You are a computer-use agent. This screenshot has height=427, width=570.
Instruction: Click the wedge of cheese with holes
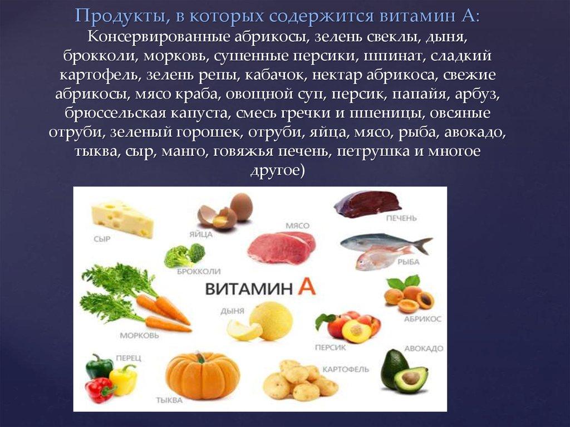[122, 218]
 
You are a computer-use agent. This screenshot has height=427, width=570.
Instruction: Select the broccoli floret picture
[185, 256]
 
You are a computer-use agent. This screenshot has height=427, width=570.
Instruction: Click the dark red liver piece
[367, 204]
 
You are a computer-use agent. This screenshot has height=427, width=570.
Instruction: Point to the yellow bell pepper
[123, 380]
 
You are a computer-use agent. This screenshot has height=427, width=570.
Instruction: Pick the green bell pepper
[99, 366]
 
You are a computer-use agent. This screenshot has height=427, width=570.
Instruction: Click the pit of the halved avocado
[411, 378]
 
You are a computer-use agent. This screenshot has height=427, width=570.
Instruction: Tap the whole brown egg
[242, 207]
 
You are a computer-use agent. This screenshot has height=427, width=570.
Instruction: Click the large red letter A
[307, 286]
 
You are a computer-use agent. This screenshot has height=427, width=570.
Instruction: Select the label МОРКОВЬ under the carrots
[140, 336]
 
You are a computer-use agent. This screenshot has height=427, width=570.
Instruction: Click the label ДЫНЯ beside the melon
[232, 311]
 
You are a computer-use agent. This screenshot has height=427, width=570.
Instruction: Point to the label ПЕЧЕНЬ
[401, 218]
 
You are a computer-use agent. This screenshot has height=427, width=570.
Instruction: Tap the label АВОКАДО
[424, 349]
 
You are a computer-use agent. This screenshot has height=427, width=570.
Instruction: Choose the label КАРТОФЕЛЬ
[345, 370]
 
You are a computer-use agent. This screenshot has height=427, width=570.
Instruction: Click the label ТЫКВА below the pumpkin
[169, 400]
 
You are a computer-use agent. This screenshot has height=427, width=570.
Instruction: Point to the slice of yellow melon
[244, 330]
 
